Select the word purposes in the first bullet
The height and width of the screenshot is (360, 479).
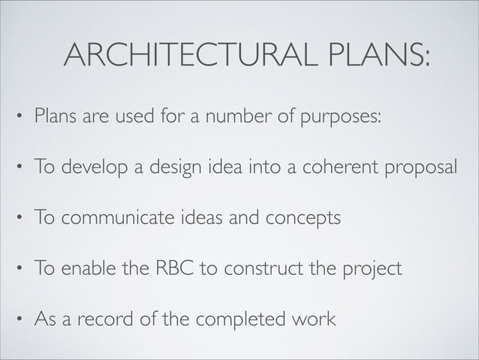tap(342, 119)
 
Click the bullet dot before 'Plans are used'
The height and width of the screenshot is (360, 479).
tap(19, 119)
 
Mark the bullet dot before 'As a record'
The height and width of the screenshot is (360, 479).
tap(19, 319)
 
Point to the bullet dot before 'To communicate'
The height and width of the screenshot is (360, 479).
tap(19, 219)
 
